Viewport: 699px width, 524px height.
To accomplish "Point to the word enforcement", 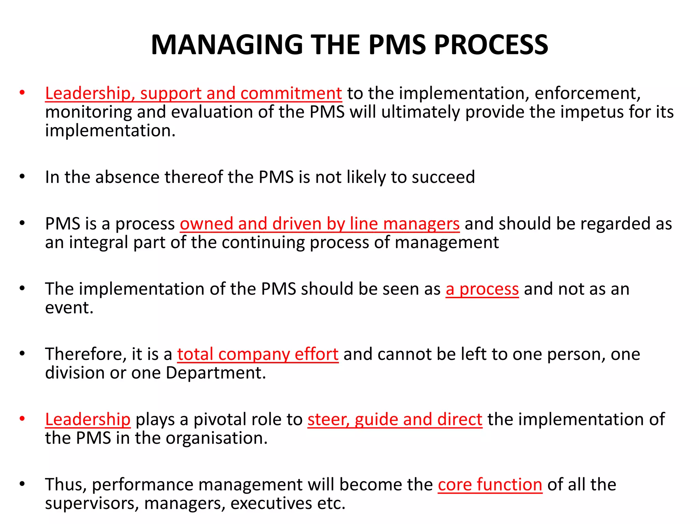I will [x=587, y=93].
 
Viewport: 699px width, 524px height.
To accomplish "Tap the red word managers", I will [x=421, y=224].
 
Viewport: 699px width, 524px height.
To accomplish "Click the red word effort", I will [x=316, y=354].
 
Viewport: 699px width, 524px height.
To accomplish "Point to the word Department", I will [x=216, y=373].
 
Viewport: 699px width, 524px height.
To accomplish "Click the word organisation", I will [x=217, y=438].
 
